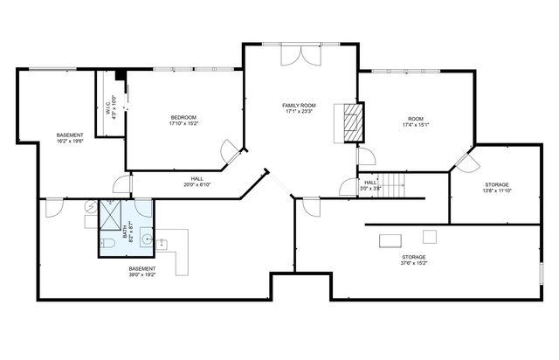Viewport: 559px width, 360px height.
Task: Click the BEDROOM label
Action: [183, 117]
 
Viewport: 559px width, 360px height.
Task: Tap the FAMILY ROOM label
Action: [298, 105]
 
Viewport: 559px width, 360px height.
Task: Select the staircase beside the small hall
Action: [397, 184]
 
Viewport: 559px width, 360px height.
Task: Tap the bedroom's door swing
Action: [230, 149]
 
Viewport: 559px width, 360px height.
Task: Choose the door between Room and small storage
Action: [464, 162]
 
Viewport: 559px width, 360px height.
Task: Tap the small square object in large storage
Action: [429, 235]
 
